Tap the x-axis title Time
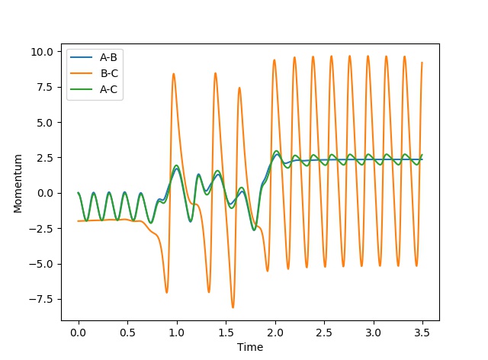click(250, 347)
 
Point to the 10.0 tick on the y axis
click(43, 52)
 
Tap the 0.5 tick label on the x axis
click(127, 333)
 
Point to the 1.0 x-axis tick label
click(177, 333)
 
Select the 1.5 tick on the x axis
click(226, 333)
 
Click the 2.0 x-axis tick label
click(275, 333)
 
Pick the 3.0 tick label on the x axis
click(374, 333)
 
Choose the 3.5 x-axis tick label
click(422, 333)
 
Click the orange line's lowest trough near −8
click(233, 307)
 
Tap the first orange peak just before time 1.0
click(174, 74)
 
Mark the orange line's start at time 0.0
click(79, 221)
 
